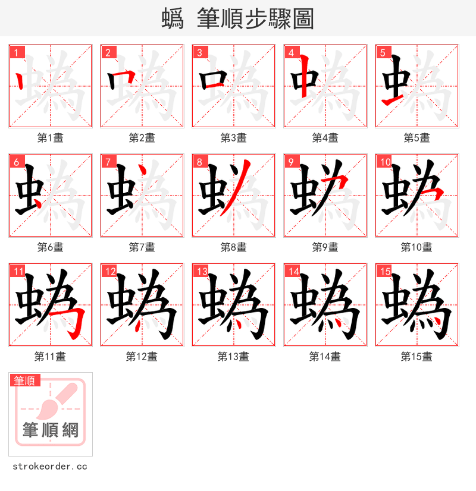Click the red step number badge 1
click(x=16, y=52)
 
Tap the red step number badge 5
click(x=383, y=52)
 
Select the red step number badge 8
click(x=199, y=162)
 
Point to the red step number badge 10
click(x=384, y=162)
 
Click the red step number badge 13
click(x=201, y=271)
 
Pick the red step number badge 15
click(x=384, y=271)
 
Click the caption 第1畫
click(x=50, y=138)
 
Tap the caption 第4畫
click(x=325, y=138)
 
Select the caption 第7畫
click(x=142, y=247)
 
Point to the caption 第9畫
click(x=325, y=247)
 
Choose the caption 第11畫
click(x=50, y=357)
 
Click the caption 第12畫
click(x=142, y=357)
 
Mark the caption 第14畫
click(x=325, y=357)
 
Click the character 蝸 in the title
click(x=172, y=19)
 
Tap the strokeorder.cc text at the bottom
click(x=50, y=467)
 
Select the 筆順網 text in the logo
click(x=51, y=430)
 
